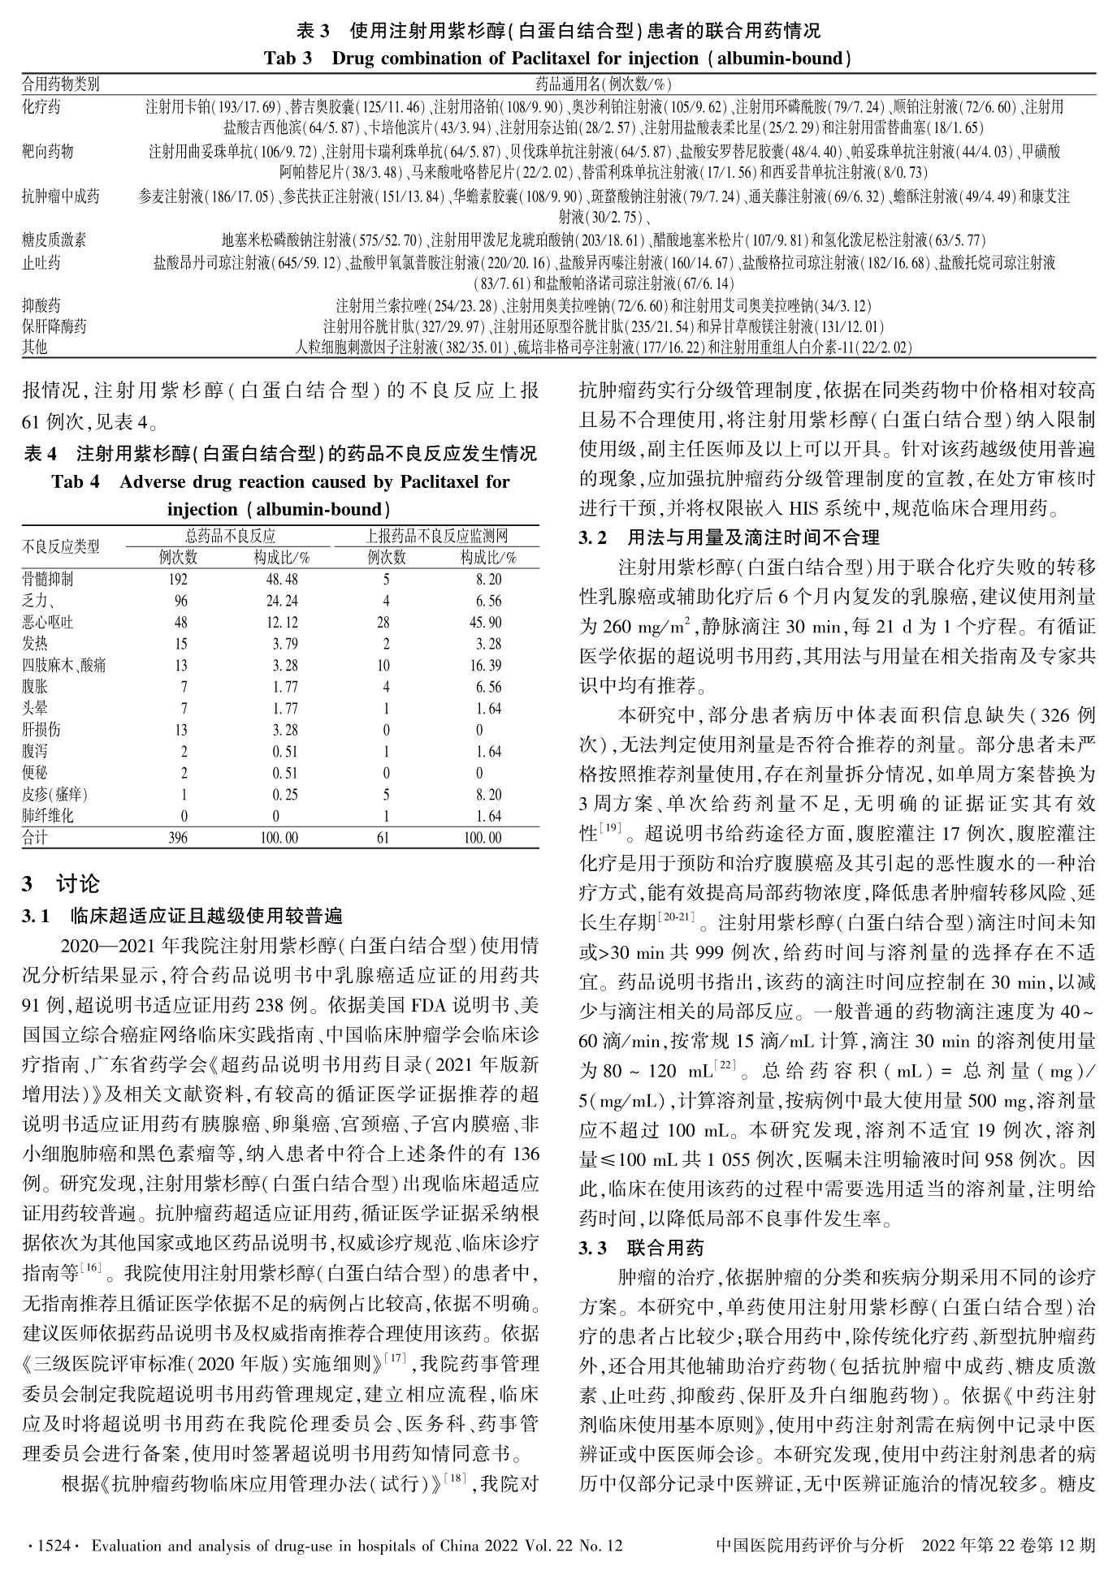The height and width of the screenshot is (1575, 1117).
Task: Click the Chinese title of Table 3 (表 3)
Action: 558,32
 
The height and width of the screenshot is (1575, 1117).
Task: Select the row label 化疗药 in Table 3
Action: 41,106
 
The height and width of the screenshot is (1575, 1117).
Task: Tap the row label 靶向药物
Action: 48,151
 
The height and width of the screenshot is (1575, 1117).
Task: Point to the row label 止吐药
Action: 41,262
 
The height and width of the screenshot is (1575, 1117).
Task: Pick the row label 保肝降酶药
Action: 54,326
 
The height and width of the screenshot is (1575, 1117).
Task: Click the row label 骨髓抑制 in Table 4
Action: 47,579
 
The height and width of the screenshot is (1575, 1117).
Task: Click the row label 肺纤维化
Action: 47,816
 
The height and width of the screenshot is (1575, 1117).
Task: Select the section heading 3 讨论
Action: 61,883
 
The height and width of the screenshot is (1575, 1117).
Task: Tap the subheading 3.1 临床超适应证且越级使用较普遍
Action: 183,917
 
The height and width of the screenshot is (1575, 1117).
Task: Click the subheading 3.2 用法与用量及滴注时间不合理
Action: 729,537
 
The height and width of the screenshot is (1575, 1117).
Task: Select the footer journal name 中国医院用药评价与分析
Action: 809,1545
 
